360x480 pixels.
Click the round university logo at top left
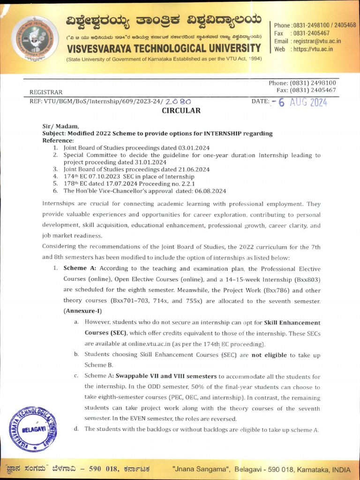point(35,39)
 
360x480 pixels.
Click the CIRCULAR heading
point(181,111)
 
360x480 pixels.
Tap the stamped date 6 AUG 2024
point(302,102)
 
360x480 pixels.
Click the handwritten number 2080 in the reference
point(178,101)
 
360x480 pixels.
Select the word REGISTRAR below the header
point(46,92)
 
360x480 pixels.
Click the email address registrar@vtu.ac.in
point(316,41)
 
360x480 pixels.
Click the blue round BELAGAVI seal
point(33,429)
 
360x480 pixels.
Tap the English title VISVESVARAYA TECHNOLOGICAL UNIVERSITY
point(164,48)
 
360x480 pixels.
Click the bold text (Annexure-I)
point(82,311)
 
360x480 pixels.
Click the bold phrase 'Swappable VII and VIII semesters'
point(166,376)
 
